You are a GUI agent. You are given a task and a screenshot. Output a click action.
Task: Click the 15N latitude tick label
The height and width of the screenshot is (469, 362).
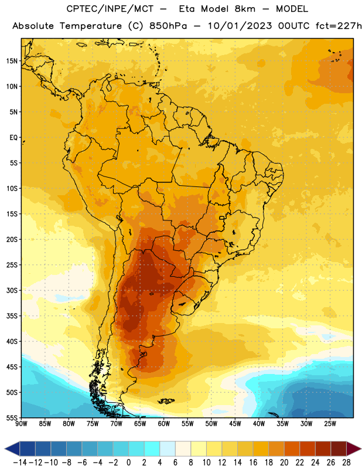coord(12,61)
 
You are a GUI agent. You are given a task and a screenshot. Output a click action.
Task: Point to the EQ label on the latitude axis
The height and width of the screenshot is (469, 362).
coord(13,138)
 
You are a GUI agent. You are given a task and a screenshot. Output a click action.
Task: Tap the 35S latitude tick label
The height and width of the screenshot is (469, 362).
coord(12,316)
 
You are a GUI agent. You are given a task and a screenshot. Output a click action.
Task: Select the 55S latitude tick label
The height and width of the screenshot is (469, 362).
coord(12,418)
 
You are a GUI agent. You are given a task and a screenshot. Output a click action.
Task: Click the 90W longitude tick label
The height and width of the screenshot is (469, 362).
coord(22,424)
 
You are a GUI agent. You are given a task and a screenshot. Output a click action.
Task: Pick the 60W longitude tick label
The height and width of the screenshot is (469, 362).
coord(164,424)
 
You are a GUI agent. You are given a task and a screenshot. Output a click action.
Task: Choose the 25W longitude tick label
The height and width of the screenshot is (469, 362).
coord(330,424)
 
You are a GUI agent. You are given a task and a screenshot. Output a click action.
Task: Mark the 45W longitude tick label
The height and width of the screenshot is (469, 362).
coord(235,424)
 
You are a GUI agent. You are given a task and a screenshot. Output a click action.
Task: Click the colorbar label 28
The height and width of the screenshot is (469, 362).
coord(346,463)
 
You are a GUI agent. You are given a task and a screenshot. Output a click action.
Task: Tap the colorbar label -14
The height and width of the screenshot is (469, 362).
coord(20,463)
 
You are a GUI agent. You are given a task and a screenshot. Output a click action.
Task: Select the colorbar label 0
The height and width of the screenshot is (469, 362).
coord(128,463)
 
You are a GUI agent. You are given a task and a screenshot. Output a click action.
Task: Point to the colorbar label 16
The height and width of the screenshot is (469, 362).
coord(253,463)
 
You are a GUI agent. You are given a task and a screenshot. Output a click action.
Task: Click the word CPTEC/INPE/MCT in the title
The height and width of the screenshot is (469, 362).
coord(110,9)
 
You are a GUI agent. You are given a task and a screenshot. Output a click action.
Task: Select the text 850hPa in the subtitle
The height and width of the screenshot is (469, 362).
coord(168,26)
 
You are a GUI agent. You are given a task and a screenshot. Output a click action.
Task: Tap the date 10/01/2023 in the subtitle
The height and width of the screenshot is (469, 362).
coord(240,26)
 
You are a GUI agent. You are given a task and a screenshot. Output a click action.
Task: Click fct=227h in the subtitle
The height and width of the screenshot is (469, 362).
coord(339,26)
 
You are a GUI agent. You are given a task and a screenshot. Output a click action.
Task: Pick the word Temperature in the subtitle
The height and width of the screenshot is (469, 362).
coord(91,26)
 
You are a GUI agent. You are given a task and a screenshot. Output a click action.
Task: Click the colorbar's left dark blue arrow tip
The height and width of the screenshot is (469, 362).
coord(5,449)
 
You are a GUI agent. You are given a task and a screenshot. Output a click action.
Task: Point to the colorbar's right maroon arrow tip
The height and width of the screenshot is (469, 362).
coord(361,449)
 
